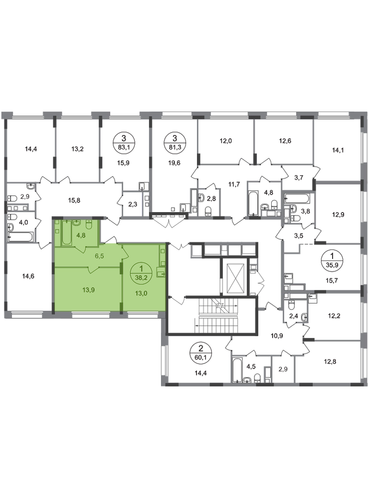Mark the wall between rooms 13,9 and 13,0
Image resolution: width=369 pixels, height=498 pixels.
(121, 290)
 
